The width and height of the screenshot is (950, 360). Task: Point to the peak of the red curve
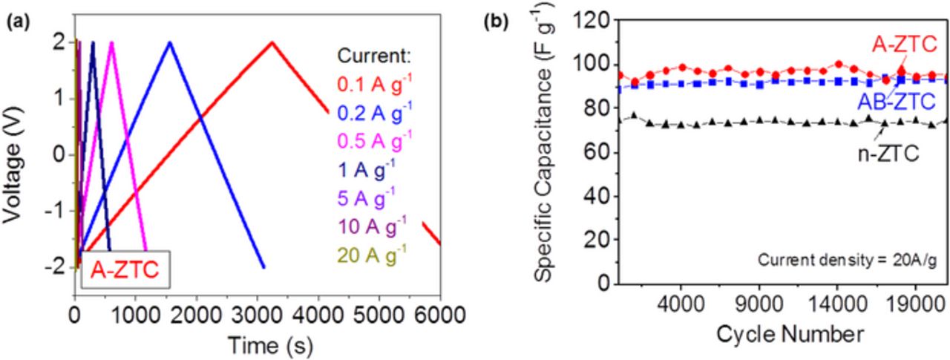[x=272, y=42]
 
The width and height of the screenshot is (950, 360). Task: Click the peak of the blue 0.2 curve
[x=169, y=42]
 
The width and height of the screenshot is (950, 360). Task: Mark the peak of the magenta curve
[x=111, y=42]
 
